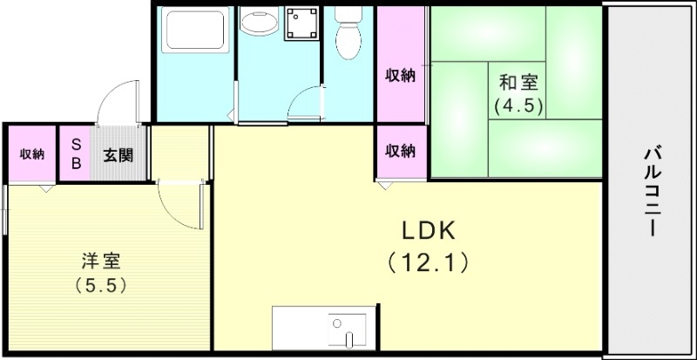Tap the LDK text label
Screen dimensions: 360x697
tap(429, 230)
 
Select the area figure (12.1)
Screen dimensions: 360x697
tap(429, 260)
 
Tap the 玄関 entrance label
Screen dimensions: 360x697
tap(118, 155)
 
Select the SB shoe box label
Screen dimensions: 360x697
tap(75, 154)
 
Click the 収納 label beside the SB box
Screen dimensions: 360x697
tap(32, 154)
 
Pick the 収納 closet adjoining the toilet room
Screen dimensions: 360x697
tap(400, 75)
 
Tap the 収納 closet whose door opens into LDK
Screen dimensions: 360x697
tap(400, 151)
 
